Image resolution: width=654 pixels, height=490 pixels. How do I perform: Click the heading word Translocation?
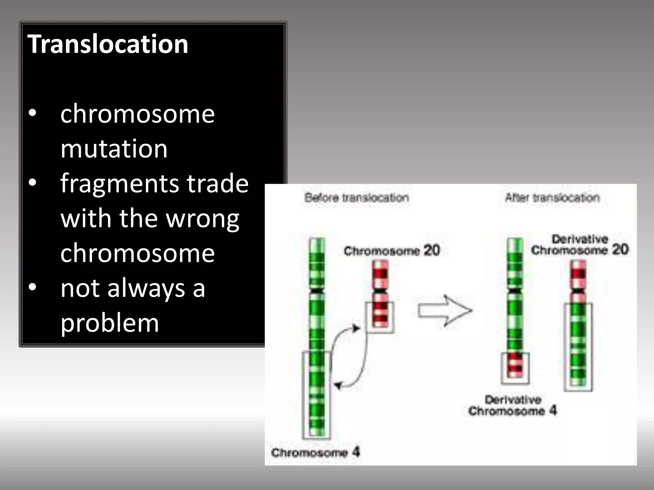(108, 44)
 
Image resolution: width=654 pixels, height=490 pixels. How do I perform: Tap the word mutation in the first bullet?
(114, 149)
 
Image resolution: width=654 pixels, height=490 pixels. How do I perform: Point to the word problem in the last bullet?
(110, 323)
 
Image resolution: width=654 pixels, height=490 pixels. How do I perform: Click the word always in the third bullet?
(146, 288)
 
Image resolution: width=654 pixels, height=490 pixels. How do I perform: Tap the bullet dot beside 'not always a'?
(33, 287)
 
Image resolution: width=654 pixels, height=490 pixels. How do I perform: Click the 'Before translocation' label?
(357, 198)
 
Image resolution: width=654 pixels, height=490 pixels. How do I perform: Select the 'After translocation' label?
(552, 198)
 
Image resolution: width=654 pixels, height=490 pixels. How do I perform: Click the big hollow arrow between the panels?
(445, 310)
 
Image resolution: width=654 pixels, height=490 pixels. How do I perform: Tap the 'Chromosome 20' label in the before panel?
(392, 250)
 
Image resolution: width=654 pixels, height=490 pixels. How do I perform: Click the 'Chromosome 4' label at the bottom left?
(316, 452)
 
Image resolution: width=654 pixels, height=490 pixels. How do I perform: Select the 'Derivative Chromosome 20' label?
(580, 245)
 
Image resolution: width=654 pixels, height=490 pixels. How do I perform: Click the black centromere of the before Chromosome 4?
(317, 291)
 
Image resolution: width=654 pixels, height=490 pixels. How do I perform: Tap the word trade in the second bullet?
(217, 184)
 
